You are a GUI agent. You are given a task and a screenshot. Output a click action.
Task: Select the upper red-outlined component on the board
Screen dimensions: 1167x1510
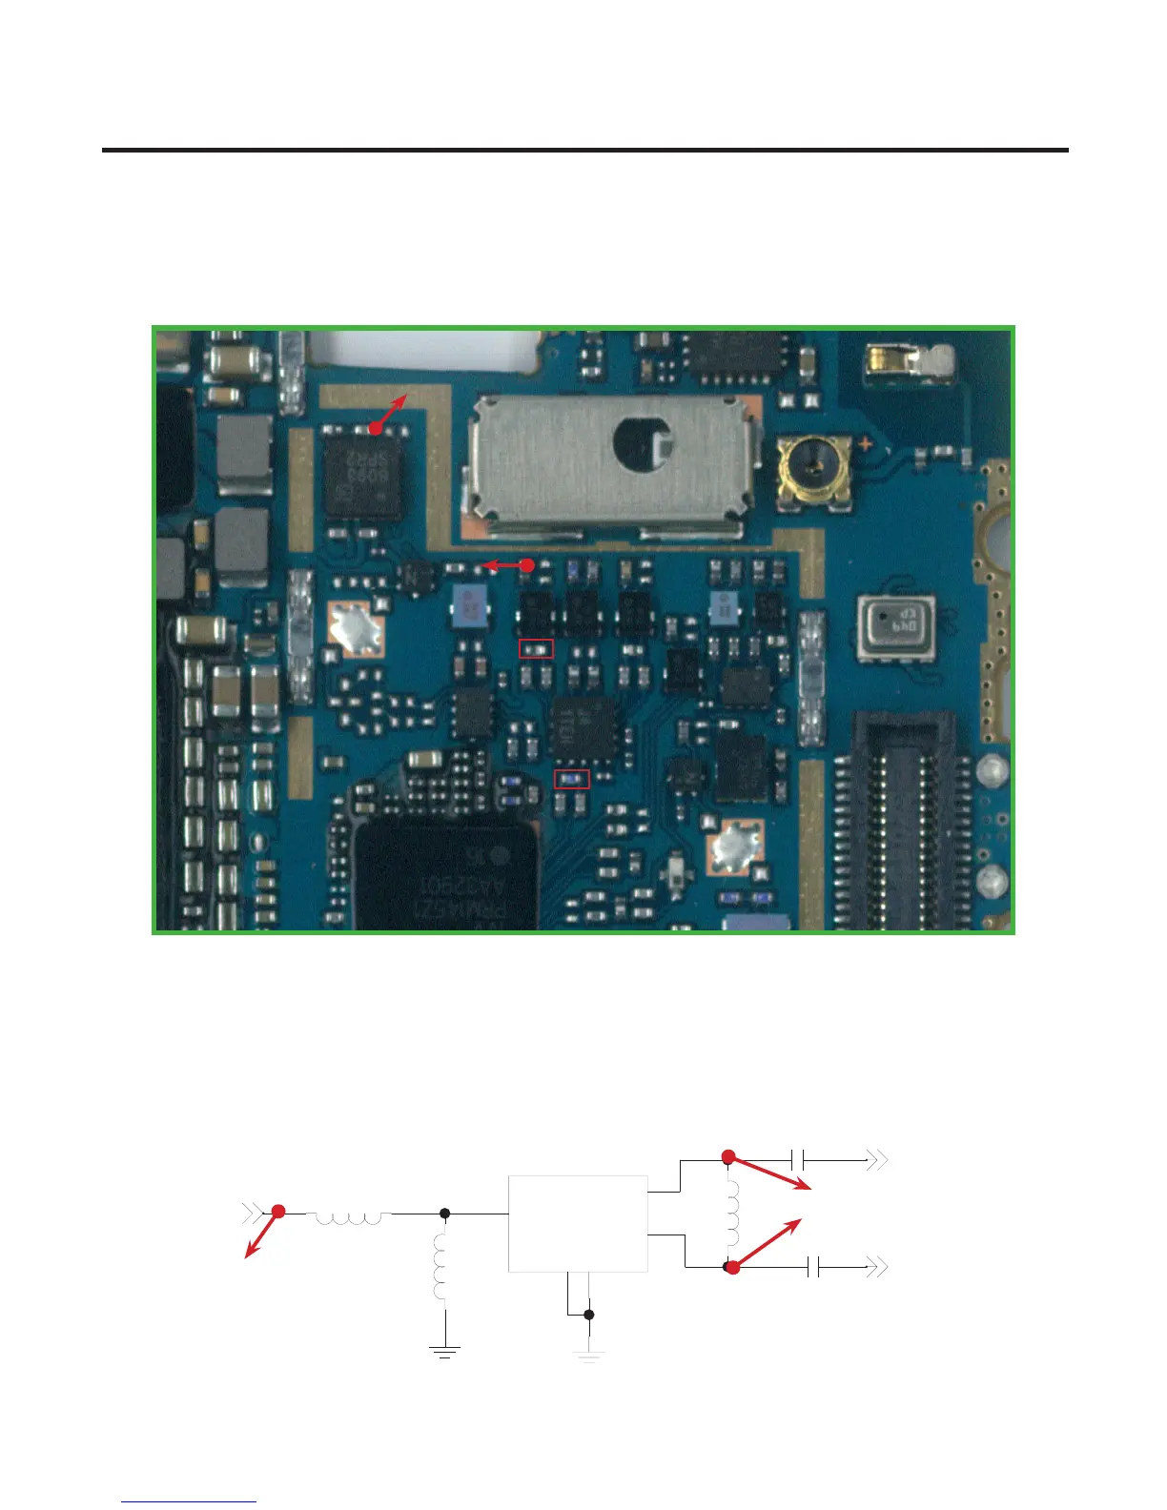[x=536, y=649]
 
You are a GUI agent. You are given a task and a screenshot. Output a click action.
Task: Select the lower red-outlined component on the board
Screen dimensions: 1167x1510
[x=572, y=779]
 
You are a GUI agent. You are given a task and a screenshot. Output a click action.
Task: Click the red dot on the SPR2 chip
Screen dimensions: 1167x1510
[x=376, y=429]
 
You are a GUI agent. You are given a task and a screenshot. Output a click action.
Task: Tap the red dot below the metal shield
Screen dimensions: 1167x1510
[x=526, y=565]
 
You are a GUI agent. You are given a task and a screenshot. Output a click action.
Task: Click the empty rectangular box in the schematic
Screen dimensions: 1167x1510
[x=578, y=1223]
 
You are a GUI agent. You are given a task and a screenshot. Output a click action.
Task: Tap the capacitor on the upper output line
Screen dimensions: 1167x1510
[x=798, y=1160]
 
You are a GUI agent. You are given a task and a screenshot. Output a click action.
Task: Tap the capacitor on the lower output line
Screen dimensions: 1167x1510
[x=813, y=1268]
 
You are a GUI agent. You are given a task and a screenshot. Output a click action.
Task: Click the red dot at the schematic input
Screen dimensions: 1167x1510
[x=278, y=1212]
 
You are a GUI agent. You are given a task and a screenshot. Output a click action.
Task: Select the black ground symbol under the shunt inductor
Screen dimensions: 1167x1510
[x=444, y=1350]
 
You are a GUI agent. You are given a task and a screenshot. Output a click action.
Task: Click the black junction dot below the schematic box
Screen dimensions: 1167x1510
[x=589, y=1315]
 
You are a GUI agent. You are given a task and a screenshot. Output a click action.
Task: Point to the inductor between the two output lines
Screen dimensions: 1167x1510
[x=731, y=1214]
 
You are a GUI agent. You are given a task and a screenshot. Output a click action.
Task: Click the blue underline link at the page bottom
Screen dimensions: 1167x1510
[x=189, y=1501]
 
